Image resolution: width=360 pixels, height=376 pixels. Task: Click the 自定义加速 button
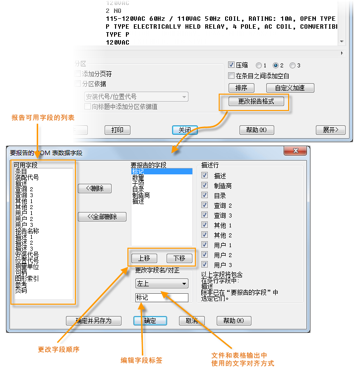[290, 88]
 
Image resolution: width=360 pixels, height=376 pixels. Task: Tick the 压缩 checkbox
[231, 65]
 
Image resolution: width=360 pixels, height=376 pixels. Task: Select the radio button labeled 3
[293, 65]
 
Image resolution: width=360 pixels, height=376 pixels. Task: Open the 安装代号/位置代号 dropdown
[136, 97]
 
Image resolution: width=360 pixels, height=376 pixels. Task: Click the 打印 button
[117, 130]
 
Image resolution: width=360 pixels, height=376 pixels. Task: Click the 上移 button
[144, 258]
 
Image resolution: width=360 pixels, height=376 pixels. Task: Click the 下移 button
[179, 258]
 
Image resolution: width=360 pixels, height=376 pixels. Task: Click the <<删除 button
[95, 188]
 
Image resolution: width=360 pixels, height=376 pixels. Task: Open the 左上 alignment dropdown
[162, 284]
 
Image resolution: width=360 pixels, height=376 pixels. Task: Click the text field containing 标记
[162, 298]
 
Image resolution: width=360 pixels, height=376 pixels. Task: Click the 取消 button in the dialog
[191, 321]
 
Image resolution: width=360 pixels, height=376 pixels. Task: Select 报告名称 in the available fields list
[27, 231]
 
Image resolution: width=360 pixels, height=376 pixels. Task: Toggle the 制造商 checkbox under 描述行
[205, 186]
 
